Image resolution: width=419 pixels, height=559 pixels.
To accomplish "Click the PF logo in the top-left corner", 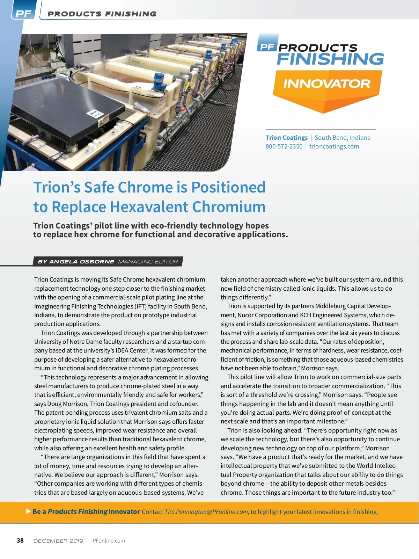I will pos(24,14).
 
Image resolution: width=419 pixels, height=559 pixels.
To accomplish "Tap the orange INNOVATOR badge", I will pos(327,84).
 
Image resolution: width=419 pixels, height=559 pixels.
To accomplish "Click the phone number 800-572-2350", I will pos(284,146).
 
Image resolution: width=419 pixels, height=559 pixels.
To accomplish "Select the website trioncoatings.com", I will pos(334,146).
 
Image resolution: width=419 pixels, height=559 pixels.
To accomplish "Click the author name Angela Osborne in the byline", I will pos(81,261).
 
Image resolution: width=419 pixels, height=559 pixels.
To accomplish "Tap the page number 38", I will pos(20,540).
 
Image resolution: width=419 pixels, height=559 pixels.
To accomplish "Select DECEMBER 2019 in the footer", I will pos(58,541).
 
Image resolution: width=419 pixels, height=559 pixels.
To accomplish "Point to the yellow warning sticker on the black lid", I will pos(101,123).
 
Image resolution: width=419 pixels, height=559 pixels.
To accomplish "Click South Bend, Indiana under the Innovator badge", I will pos(343,138).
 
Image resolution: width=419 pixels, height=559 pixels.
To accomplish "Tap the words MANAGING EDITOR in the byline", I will pos(148,261).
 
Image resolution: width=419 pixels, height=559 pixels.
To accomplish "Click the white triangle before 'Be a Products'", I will pos(29,511).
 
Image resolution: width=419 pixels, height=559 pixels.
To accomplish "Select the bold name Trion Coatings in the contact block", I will pos(286,138).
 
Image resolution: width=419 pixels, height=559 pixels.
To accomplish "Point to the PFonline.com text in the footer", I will pos(109,541).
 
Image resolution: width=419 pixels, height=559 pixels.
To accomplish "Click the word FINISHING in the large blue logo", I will pos(330,59).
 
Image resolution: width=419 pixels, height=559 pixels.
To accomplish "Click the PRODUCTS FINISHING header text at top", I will pos(102,14).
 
